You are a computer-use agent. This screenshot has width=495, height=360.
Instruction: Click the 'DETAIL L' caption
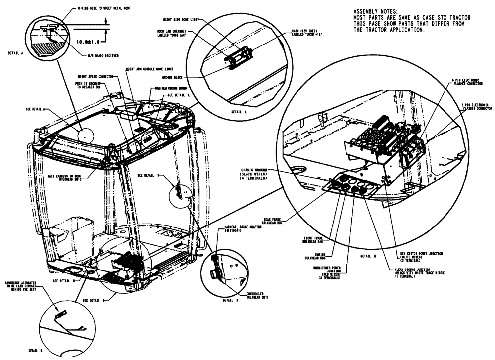238,112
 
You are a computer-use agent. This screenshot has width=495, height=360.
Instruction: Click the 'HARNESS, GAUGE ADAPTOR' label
238,228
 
